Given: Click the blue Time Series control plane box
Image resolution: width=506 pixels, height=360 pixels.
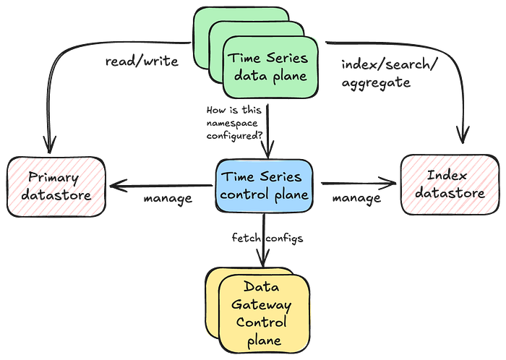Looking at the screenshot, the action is (265, 186).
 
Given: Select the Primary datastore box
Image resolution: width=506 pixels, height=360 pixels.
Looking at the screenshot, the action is (56, 187).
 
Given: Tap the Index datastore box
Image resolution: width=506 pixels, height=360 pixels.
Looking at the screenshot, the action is (450, 185).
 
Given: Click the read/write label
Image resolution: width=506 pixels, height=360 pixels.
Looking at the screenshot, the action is (142, 61).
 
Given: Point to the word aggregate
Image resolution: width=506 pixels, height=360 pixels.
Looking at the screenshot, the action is (376, 82).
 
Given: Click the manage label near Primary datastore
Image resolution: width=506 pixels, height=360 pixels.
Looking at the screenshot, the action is (168, 198).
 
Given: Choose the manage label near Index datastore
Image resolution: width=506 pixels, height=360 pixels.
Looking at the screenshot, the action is (356, 198).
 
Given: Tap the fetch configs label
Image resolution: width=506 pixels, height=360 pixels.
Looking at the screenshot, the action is (267, 238).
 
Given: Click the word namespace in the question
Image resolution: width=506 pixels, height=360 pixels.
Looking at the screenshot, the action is (232, 123).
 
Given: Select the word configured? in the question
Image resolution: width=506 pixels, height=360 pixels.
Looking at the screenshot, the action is (235, 136).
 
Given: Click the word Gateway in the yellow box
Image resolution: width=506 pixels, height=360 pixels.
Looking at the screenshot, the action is (262, 305).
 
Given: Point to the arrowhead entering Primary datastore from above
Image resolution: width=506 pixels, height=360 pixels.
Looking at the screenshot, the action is (49, 145).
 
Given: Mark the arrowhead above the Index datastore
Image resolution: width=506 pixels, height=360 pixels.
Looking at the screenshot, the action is (463, 135).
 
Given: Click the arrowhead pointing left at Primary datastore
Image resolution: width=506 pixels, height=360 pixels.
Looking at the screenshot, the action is (118, 186).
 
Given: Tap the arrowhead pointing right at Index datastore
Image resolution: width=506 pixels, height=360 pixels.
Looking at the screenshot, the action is (387, 183).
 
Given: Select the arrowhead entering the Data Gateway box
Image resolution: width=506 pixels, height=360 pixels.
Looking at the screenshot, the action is (263, 259).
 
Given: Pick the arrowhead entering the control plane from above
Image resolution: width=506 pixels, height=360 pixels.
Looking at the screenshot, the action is (268, 150).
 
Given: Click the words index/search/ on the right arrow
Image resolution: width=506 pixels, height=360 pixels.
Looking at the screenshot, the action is (389, 65).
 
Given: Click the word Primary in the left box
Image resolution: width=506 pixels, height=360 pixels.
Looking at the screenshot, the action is (53, 178).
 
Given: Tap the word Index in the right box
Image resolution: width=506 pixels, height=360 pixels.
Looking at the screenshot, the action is (447, 176).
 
